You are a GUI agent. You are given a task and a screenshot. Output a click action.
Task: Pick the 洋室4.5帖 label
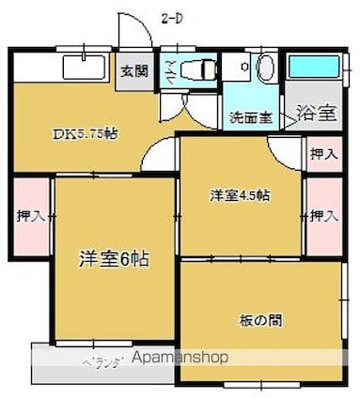(x=240, y=195)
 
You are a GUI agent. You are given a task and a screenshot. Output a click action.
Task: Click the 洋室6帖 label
(x=113, y=257)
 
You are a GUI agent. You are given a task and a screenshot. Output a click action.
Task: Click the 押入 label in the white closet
(x=322, y=153)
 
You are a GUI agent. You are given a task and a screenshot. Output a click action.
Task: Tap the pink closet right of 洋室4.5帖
(x=323, y=215)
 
